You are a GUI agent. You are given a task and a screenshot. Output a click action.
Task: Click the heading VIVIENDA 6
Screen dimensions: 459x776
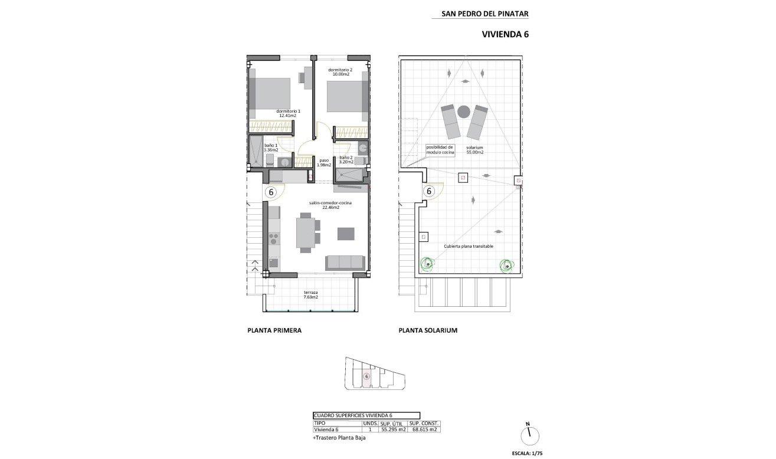506,34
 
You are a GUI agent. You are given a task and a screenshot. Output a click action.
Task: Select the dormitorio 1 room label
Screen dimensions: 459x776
288,113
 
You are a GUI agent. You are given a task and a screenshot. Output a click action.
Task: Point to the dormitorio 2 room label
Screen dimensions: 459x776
339,72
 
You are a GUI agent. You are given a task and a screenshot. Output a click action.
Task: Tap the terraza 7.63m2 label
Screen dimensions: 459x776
311,294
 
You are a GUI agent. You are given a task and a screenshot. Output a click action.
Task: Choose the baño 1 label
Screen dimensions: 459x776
271,147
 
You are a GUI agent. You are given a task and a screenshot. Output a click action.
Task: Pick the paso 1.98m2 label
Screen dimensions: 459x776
324,162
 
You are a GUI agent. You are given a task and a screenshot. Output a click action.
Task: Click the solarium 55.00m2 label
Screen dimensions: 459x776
474,149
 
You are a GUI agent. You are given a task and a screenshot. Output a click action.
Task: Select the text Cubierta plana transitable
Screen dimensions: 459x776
469,246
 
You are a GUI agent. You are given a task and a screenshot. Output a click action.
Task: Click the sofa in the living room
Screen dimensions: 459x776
345,263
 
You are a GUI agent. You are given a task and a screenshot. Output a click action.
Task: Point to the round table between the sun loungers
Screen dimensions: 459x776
464,111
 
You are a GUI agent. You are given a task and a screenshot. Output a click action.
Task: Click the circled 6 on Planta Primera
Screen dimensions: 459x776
271,192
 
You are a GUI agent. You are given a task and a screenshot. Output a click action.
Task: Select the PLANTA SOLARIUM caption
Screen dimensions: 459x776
428,330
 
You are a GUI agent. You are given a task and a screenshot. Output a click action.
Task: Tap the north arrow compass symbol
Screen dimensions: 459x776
529,434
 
